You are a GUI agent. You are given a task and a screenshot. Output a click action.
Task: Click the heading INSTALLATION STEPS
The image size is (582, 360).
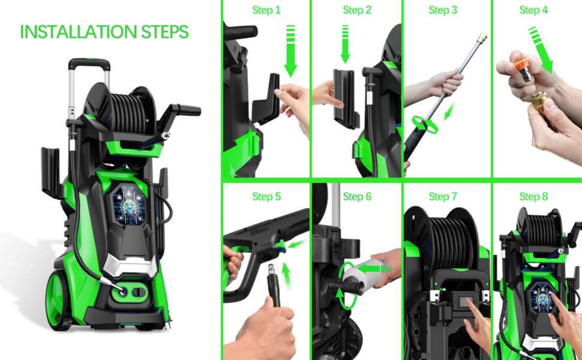[x=104, y=32]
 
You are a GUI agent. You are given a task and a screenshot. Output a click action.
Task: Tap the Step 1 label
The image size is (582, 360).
[x=266, y=10]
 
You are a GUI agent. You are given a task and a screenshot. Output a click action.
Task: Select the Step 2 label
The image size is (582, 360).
[x=357, y=10]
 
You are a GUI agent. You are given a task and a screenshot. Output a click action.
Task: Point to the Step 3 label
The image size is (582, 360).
[x=443, y=10]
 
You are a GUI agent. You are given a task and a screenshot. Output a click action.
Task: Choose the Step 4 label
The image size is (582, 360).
[x=533, y=10]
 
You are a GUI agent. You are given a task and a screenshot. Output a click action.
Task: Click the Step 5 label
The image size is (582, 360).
[x=266, y=197]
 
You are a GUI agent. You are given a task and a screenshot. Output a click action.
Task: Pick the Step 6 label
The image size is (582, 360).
[x=357, y=197]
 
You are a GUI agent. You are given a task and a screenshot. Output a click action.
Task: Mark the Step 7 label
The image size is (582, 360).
[x=443, y=197]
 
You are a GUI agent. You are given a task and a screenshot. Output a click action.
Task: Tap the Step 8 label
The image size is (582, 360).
[x=533, y=197]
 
